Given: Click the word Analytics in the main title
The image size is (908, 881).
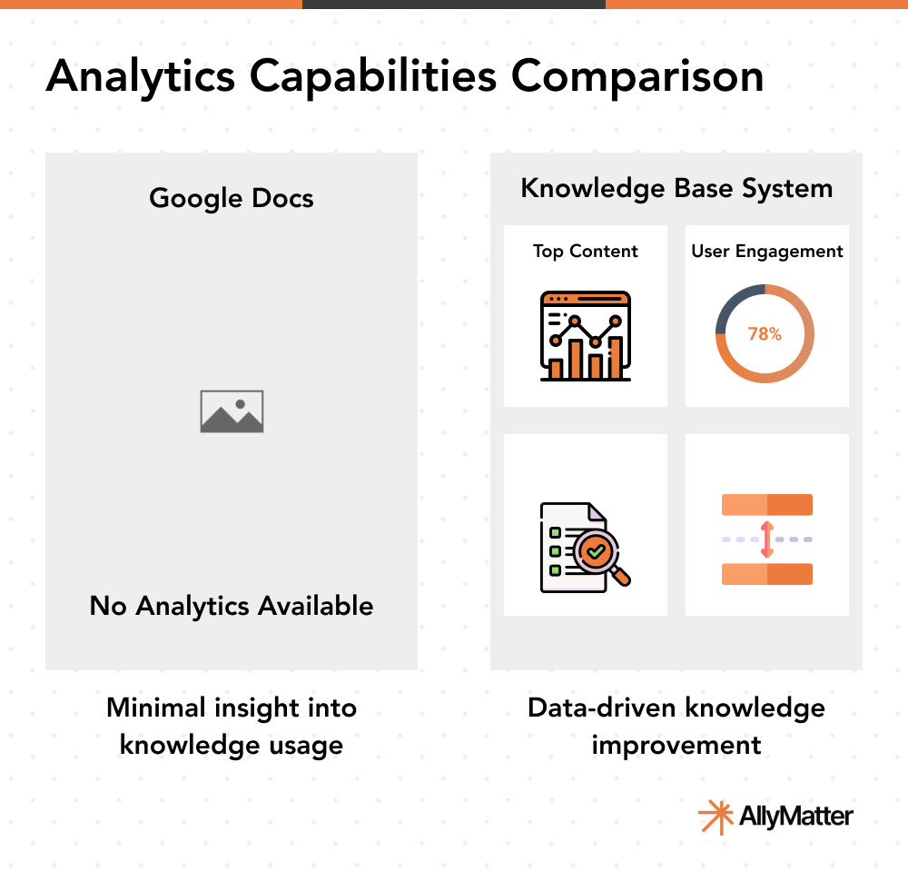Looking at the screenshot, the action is click(x=141, y=76).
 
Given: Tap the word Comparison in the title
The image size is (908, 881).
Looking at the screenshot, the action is click(x=637, y=76).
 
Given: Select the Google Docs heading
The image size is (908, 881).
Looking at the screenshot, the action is click(x=231, y=199).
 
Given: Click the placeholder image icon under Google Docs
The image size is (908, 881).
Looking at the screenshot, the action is click(x=232, y=411).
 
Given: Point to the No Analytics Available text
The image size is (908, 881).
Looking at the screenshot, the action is click(x=231, y=606).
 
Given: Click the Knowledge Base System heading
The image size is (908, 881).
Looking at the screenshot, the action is click(x=676, y=189).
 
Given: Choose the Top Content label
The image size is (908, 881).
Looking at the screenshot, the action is click(x=585, y=252).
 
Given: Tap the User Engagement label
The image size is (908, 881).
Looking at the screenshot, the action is click(x=766, y=252).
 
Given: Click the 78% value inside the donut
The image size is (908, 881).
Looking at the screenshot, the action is click(x=765, y=333).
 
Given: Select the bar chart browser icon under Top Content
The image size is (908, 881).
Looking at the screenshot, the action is click(x=585, y=336).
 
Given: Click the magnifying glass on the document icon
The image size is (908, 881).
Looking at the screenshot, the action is click(x=600, y=555).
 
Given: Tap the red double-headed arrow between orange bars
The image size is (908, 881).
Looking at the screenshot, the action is click(x=767, y=539).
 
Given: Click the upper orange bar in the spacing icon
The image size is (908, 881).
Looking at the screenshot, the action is click(x=766, y=504).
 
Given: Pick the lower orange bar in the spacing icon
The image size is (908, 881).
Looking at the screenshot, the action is click(x=766, y=574).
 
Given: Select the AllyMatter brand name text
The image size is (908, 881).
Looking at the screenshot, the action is click(x=795, y=817).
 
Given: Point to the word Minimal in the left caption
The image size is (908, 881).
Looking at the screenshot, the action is click(x=156, y=708).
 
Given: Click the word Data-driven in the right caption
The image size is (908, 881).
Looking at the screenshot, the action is click(x=602, y=708).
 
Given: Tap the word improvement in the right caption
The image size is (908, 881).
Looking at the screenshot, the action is click(x=676, y=746).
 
